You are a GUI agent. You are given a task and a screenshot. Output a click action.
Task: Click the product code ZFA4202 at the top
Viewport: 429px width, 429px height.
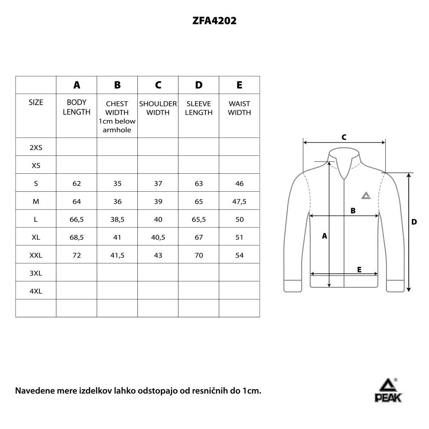[214, 21]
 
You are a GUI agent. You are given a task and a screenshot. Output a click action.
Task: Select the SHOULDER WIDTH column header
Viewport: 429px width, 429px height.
[158, 108]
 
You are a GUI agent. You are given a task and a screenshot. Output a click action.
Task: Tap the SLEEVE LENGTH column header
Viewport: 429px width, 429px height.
[199, 108]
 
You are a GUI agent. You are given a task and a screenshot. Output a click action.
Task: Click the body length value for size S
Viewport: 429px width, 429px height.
[77, 184]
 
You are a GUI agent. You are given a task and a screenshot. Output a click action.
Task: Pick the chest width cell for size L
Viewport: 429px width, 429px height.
[117, 220]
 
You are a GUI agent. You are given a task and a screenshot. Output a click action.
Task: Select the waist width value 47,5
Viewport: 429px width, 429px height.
[239, 202]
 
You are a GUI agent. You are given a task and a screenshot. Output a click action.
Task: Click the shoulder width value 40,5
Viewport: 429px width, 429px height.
[158, 238]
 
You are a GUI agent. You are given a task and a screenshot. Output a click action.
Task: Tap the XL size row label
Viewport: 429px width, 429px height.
[36, 238]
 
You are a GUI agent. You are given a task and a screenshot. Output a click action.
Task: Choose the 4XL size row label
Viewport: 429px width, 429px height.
[36, 291]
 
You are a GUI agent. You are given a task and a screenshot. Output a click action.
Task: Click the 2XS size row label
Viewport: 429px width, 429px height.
[36, 148]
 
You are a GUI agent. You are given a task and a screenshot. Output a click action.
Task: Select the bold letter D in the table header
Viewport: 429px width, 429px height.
[199, 85]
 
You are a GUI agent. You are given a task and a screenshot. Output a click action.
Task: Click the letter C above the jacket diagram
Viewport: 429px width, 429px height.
[344, 137]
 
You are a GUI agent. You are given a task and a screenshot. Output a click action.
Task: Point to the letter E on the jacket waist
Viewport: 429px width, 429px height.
[359, 269]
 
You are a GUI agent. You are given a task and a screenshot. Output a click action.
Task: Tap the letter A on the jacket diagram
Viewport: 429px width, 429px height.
[325, 236]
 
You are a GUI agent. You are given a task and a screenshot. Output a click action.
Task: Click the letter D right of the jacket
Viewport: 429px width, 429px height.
[414, 222]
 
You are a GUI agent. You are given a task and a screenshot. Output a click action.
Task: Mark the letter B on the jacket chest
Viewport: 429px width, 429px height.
[353, 211]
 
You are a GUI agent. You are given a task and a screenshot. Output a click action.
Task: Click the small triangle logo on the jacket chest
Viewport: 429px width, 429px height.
[365, 196]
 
